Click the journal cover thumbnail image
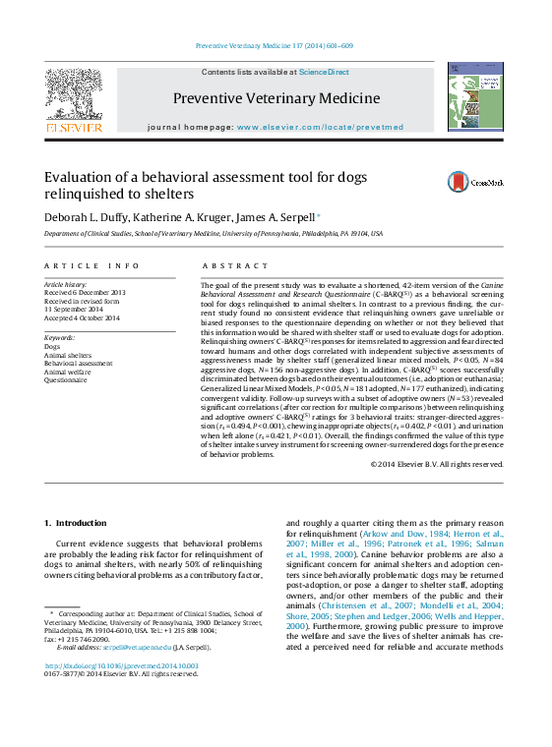click(x=474, y=96)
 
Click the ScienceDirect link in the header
click(x=324, y=72)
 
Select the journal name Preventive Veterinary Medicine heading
click(x=276, y=98)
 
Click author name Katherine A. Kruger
click(x=192, y=216)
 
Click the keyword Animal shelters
click(x=68, y=355)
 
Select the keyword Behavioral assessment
click(x=78, y=364)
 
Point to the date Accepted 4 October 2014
click(x=82, y=317)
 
